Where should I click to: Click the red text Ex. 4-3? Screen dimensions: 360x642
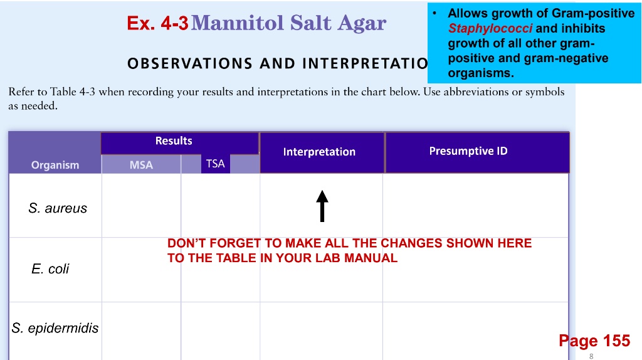157,24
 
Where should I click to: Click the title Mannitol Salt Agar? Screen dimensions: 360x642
288,23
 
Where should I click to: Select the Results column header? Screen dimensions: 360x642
174,141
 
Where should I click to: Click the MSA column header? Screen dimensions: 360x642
141,165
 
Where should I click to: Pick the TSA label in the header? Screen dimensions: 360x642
215,164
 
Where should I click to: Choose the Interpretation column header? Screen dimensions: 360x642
319,152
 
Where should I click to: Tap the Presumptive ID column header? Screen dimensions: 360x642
468,151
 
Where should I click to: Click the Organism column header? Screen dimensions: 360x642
55,165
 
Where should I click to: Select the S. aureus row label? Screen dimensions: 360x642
58,208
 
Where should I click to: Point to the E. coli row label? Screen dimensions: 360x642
50,269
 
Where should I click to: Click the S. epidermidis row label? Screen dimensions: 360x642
55,328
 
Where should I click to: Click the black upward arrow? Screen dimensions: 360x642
322,206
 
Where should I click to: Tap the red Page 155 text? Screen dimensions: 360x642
594,341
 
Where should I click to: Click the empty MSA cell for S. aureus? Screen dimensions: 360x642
141,206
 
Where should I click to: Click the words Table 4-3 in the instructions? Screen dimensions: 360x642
72,92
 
